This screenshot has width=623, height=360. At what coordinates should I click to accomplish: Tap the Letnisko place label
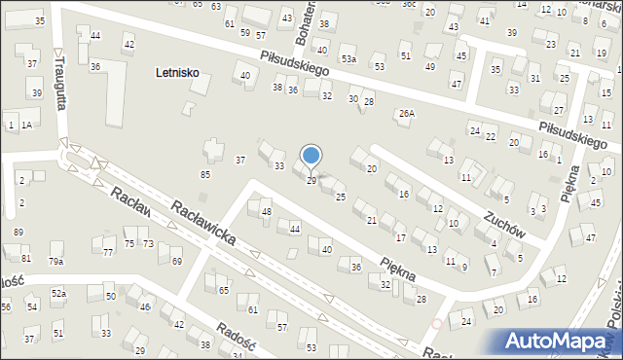(x=183, y=73)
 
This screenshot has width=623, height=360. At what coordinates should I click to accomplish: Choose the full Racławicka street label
(x=209, y=225)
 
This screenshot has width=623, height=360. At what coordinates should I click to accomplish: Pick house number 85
(x=205, y=175)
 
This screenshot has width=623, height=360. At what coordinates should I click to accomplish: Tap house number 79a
(x=56, y=262)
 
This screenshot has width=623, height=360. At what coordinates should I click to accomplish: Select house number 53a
(x=348, y=60)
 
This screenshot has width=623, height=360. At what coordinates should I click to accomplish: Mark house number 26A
(x=406, y=114)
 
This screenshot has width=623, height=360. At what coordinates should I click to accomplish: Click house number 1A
(x=27, y=126)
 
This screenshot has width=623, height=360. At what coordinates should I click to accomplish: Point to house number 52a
(x=59, y=293)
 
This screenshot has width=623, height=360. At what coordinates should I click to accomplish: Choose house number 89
(x=18, y=232)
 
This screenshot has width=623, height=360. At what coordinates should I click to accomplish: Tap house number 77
(x=108, y=253)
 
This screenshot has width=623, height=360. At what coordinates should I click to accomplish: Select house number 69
(x=176, y=262)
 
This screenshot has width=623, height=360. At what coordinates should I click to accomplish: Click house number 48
(x=266, y=211)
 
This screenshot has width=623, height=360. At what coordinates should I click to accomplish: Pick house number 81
(x=26, y=259)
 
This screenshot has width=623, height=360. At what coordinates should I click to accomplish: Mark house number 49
(x=430, y=67)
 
